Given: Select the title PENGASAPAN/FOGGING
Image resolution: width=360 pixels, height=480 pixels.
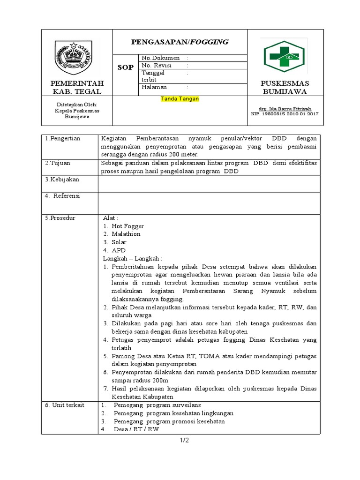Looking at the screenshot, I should tap(180, 42).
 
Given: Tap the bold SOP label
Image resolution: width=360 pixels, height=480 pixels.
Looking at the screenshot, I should tap(125, 67).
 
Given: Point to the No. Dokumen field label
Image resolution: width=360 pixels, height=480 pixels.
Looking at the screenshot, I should tap(157, 58).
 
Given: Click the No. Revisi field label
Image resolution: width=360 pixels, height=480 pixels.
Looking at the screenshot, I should tap(155, 65).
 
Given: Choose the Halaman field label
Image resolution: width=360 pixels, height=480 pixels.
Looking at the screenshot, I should tap(154, 87).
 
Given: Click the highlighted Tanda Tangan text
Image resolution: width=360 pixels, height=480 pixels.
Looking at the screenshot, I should tap(180, 99).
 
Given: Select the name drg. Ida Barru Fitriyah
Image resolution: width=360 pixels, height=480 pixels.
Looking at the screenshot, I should tap(285, 109).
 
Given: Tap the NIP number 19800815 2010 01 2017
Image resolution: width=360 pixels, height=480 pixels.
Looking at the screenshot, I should tap(285, 113).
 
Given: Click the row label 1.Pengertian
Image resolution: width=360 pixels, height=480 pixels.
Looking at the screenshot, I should tap(63, 139).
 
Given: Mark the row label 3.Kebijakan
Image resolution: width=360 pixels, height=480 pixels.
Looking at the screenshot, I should tap(62, 180).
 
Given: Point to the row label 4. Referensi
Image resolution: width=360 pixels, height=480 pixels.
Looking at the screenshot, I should tap(63, 196).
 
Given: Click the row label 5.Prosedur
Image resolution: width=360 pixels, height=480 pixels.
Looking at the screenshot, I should tap(60, 218).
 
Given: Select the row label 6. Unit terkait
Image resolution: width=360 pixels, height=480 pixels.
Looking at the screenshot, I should tap(65, 405).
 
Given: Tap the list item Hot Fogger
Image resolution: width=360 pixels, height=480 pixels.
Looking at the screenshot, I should tap(127, 226).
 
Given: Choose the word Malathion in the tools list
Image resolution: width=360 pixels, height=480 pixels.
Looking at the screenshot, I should tap(126, 234).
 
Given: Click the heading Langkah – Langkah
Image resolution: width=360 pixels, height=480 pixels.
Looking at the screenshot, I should tap(133, 258).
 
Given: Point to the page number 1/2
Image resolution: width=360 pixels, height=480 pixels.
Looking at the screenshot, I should tap(183, 440).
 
